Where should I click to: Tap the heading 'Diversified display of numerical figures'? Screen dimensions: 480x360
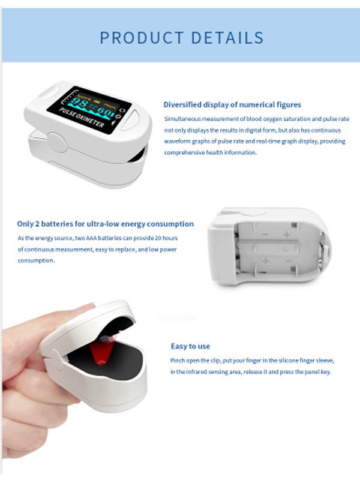(232, 104)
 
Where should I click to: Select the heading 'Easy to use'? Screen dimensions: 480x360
(190, 346)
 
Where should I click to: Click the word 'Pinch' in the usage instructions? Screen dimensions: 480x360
(179, 361)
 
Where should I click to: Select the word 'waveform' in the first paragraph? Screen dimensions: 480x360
(179, 142)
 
